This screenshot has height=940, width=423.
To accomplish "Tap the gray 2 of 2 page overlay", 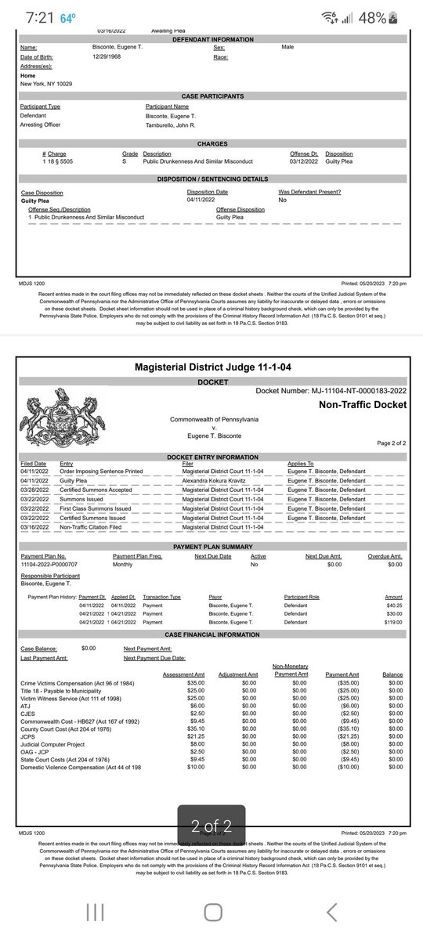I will (x=211, y=824).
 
